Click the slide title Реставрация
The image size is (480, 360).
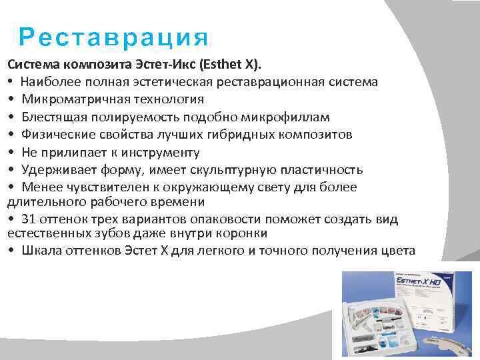click(113, 37)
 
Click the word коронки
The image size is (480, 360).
click(244, 233)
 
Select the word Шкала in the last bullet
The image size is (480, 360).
click(39, 251)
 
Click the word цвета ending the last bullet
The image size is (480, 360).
click(397, 251)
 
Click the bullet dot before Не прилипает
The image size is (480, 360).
click(11, 152)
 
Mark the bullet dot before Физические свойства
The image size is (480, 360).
click(11, 135)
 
